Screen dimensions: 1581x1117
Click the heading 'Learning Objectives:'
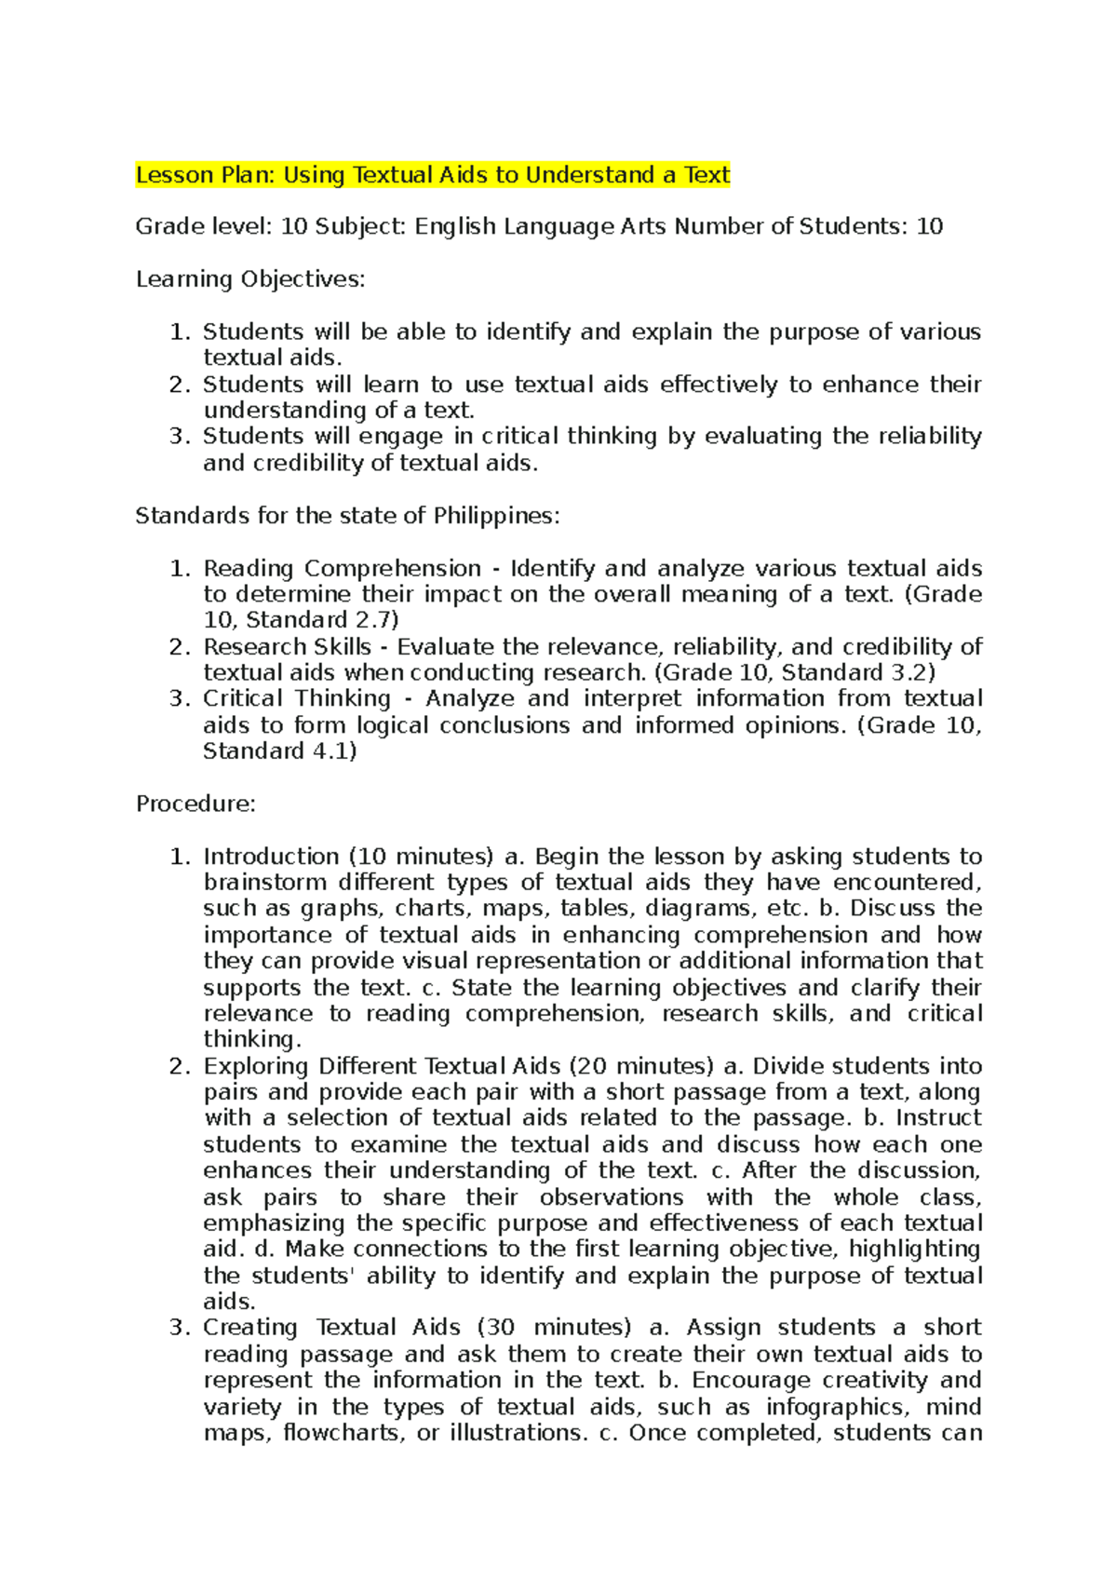250,279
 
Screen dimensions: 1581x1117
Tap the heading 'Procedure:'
195,804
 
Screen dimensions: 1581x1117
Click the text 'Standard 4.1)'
280,751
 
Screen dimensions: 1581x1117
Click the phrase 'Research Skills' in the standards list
287,647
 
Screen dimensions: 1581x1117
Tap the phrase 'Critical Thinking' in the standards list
297,698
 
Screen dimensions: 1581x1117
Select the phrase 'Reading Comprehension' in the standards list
342,568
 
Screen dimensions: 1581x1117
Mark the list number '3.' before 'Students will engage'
180,436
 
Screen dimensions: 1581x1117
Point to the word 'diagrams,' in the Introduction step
693,909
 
